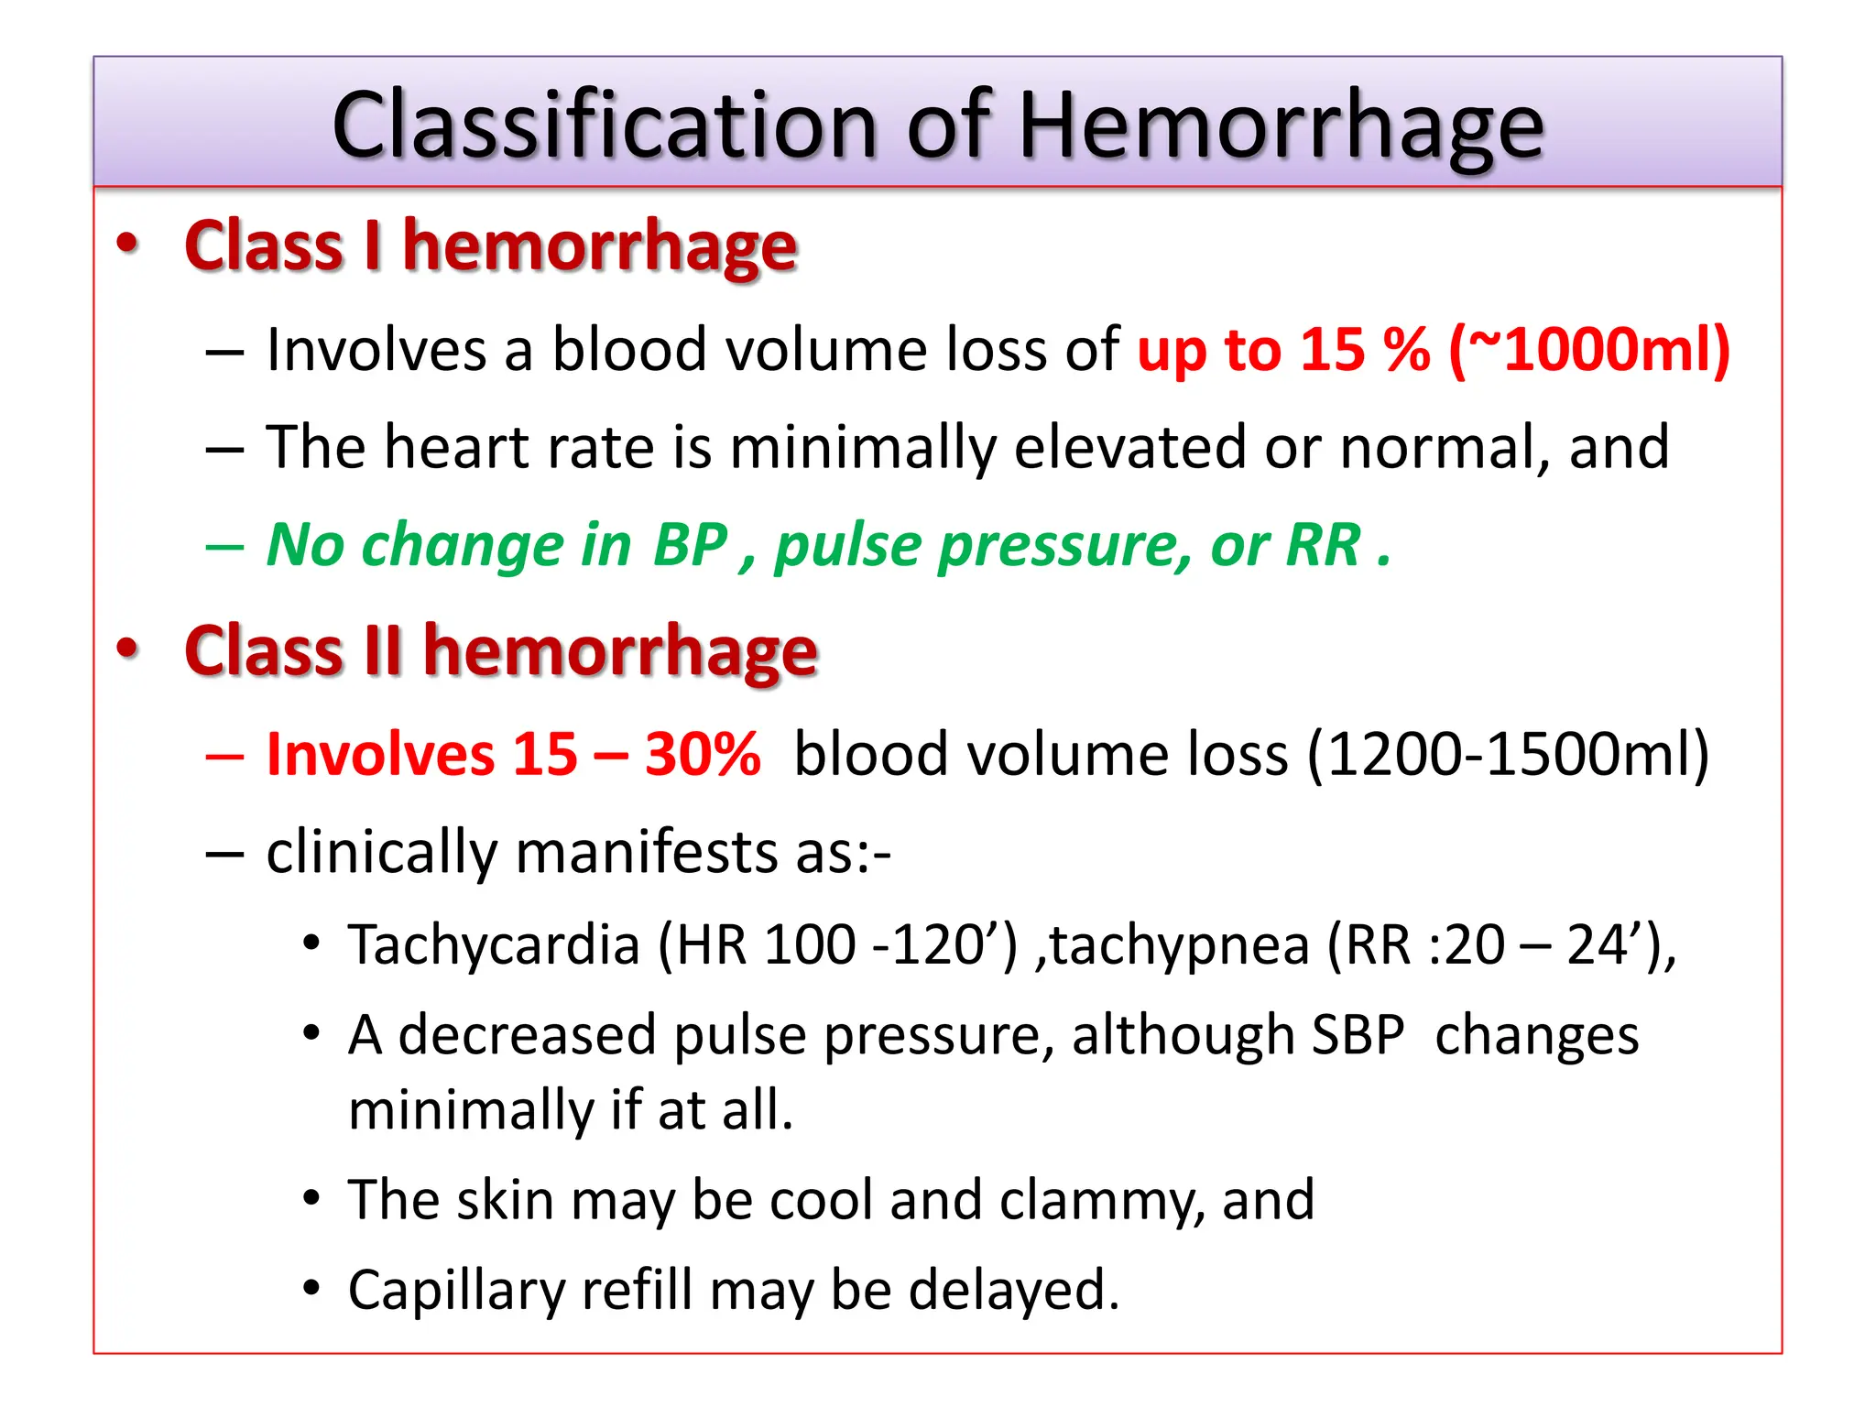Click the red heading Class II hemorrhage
(500, 650)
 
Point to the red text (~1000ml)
(1590, 350)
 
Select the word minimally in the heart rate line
(862, 448)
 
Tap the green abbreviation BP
(690, 545)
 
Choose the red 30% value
(703, 755)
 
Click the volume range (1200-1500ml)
(1508, 755)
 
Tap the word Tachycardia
(494, 945)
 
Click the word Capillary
(456, 1291)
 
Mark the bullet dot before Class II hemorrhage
(127, 648)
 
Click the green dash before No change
(224, 547)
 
